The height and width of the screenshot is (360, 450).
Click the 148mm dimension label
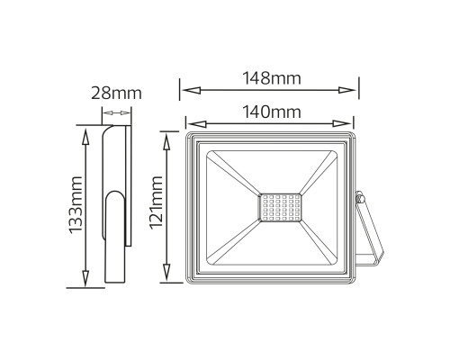272,78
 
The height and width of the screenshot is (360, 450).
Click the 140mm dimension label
272,112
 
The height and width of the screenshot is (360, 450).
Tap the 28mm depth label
116,93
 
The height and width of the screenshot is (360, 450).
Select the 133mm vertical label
76,205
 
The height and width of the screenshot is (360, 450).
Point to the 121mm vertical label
156,202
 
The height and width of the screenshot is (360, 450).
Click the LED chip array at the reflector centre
280,208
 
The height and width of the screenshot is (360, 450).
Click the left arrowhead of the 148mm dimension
192,90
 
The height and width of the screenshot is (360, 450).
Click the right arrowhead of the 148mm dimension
347,90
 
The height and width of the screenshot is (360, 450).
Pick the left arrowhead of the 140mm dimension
197,123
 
